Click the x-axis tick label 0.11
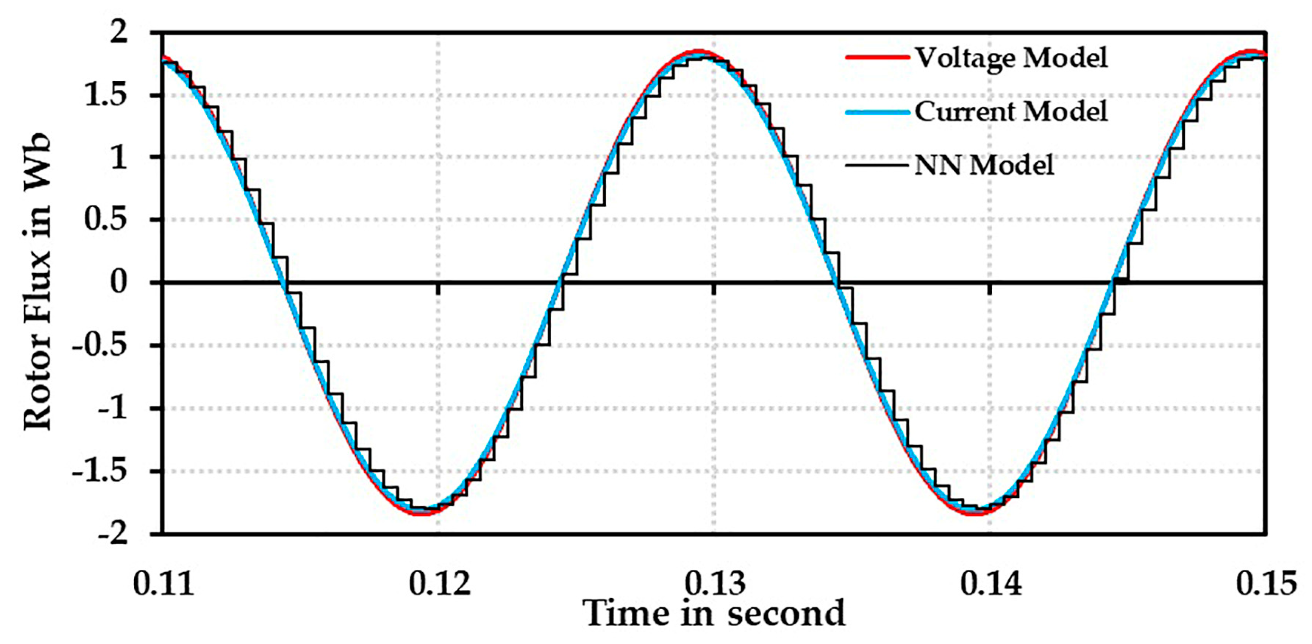click(x=164, y=583)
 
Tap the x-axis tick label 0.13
click(x=715, y=583)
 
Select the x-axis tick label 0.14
click(x=991, y=583)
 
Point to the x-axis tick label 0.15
click(x=1266, y=583)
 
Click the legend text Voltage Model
click(x=1011, y=58)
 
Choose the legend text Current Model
click(x=1011, y=111)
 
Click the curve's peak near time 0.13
click(x=701, y=53)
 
